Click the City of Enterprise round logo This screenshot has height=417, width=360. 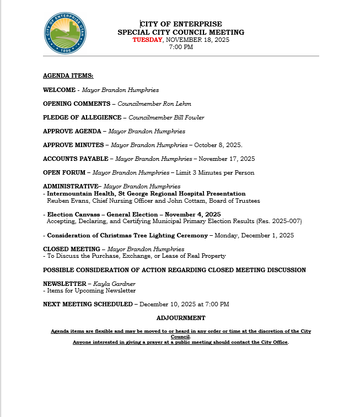point(65,34)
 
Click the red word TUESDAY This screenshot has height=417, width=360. point(147,40)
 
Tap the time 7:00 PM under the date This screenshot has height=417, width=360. point(181,47)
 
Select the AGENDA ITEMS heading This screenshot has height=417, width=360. point(68,75)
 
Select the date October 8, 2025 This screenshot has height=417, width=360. point(218,145)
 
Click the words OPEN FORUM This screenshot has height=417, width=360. point(63,173)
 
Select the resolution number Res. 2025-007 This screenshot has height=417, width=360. point(280,221)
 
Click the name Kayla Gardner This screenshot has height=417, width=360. point(114,284)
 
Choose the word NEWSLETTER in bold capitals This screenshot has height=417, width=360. point(65,284)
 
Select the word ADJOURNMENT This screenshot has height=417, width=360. point(181,318)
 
